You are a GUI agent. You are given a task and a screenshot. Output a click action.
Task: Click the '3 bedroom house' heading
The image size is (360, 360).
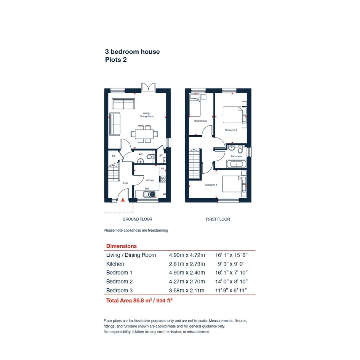(x=132, y=52)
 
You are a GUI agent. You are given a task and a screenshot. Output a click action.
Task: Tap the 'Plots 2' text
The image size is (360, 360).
(x=116, y=60)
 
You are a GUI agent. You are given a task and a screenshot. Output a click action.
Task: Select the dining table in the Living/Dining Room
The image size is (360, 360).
(x=144, y=134)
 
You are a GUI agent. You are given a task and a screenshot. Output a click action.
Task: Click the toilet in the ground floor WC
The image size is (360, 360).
(x=150, y=157)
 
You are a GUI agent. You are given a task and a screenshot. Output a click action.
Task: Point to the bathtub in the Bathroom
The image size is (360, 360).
(x=237, y=165)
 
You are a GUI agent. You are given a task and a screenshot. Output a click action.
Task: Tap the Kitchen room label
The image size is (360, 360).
(x=150, y=180)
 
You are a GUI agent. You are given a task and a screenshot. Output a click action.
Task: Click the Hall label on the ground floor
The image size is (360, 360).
(x=125, y=183)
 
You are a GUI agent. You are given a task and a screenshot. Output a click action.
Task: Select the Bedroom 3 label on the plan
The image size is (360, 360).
(x=200, y=121)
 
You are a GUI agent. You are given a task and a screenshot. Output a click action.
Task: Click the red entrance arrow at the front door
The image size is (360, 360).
(x=123, y=200)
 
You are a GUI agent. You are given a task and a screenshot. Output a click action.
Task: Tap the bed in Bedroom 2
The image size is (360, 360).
(x=233, y=115)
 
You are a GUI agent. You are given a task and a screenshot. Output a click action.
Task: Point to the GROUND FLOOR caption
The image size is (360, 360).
(x=137, y=219)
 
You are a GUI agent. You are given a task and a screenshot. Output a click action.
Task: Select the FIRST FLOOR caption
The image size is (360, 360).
(x=218, y=219)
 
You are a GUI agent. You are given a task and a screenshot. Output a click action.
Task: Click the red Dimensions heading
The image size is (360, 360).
(x=122, y=246)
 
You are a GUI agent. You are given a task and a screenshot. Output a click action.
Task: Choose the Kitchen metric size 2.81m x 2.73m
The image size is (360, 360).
(x=187, y=264)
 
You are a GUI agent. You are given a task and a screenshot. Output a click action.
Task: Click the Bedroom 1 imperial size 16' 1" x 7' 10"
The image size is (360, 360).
(x=232, y=273)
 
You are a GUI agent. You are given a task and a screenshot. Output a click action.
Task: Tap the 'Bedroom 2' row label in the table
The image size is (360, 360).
(x=119, y=282)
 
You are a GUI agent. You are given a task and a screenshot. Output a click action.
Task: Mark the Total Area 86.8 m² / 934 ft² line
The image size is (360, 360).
(x=139, y=301)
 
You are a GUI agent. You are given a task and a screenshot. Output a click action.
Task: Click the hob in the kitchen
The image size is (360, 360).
(x=163, y=179)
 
